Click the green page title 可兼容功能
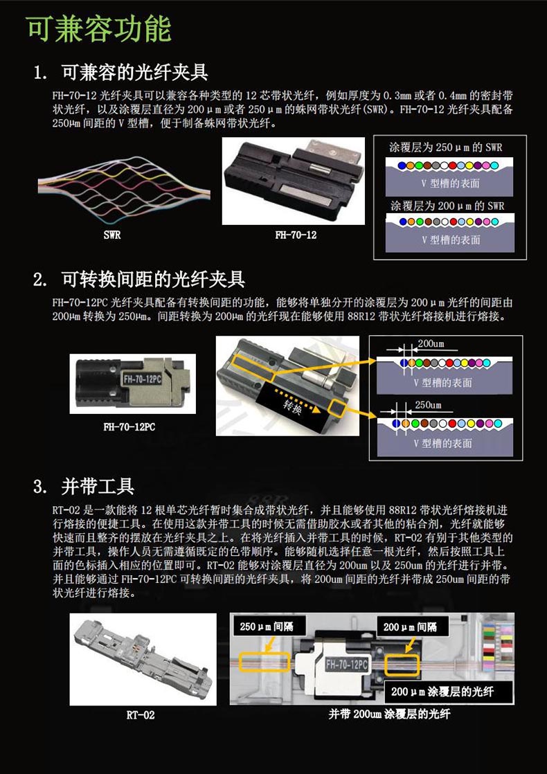coord(99,28)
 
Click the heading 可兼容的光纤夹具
coord(134,73)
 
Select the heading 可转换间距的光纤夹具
coord(153,280)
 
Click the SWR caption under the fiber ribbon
coord(112,235)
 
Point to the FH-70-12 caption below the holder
coord(296,235)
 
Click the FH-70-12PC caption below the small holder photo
coord(129,426)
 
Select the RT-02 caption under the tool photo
coord(141,714)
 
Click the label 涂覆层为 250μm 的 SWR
coord(446,147)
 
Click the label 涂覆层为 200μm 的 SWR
coord(447,206)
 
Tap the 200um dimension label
coord(431,343)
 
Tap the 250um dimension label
coord(428,405)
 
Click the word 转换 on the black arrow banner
coord(292,408)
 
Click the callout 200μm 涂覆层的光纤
coord(442,692)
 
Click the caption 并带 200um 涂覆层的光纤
coord(390,714)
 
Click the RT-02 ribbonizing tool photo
coord(143,659)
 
